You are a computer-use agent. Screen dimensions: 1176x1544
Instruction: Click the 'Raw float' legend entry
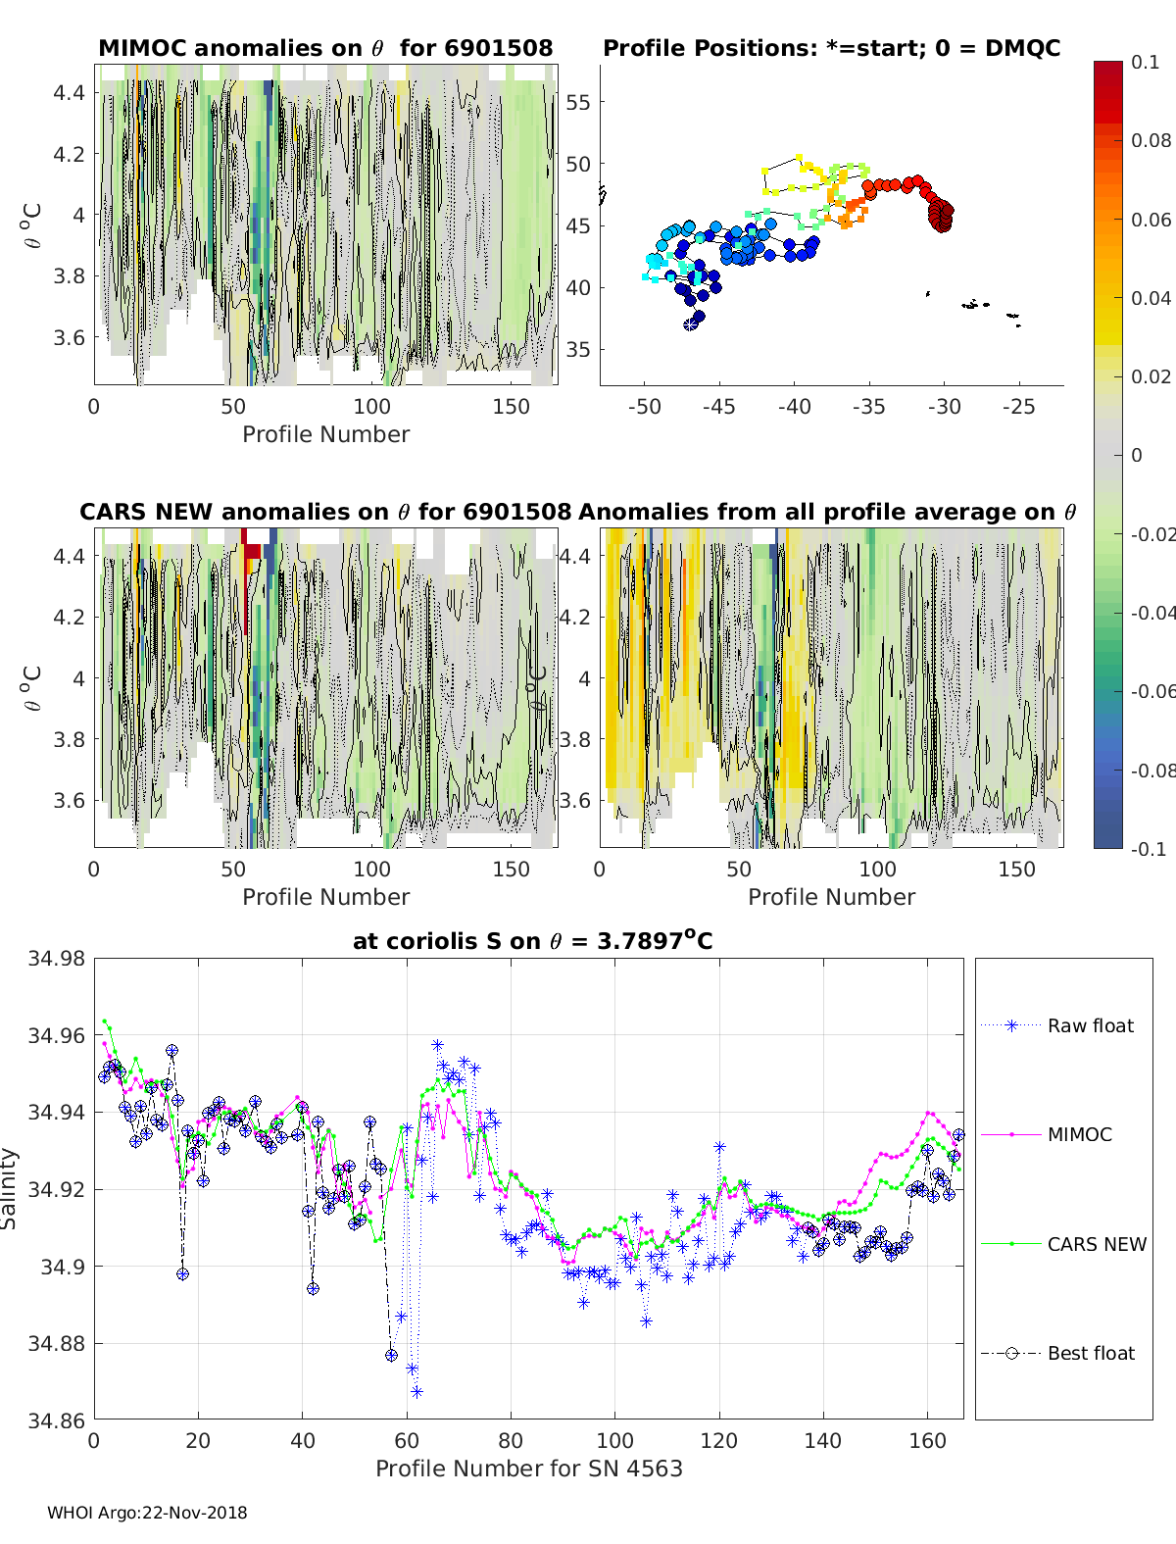pyautogui.click(x=1057, y=1025)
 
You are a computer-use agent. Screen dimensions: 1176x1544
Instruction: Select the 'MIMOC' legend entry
pyautogui.click(x=1047, y=1134)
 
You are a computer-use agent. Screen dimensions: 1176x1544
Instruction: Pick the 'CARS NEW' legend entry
pyautogui.click(x=1063, y=1244)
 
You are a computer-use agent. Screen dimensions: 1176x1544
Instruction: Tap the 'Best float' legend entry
pyautogui.click(x=1057, y=1353)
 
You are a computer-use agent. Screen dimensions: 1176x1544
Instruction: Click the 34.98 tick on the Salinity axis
pyautogui.click(x=56, y=958)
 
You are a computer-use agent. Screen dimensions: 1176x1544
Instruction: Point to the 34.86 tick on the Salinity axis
pyautogui.click(x=56, y=1420)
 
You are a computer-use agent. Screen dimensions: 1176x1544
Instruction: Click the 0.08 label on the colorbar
pyautogui.click(x=1150, y=141)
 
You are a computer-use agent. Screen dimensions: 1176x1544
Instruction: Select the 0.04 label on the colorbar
pyautogui.click(x=1150, y=298)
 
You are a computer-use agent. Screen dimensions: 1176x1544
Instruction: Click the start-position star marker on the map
pyautogui.click(x=690, y=324)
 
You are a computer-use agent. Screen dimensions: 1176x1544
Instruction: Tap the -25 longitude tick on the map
pyautogui.click(x=1018, y=407)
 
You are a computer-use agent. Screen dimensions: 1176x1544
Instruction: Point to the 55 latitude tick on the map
pyautogui.click(x=578, y=103)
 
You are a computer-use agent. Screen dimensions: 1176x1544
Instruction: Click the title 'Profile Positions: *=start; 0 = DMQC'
pyautogui.click(x=832, y=48)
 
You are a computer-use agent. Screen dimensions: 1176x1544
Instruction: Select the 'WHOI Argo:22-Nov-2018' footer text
pyautogui.click(x=147, y=1513)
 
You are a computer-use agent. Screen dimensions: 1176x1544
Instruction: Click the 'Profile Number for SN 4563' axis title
pyautogui.click(x=528, y=1469)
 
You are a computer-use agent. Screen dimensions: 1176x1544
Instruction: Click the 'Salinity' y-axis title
pyautogui.click(x=9, y=1189)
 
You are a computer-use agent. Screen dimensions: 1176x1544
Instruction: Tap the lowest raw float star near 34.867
pyautogui.click(x=416, y=1392)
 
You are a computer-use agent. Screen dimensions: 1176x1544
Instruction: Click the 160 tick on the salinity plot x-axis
pyautogui.click(x=927, y=1441)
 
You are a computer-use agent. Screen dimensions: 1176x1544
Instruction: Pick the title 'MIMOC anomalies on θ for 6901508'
pyautogui.click(x=325, y=48)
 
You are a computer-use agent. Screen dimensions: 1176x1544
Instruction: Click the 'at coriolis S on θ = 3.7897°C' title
pyautogui.click(x=532, y=940)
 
